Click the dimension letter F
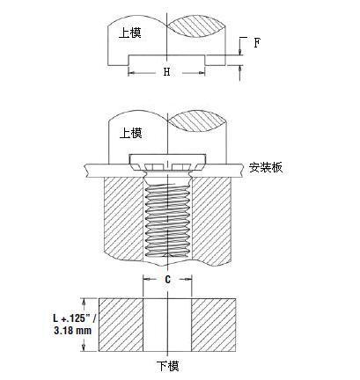click(257, 43)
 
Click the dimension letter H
click(166, 71)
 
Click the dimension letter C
click(167, 280)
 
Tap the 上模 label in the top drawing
click(130, 33)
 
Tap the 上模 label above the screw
click(131, 133)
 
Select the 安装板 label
click(266, 167)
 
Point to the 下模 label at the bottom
click(167, 366)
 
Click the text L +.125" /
click(75, 318)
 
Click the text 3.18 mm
click(73, 331)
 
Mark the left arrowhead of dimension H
click(131, 72)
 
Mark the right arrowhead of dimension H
click(202, 72)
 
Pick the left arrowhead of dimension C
click(146, 280)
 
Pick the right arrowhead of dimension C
click(188, 280)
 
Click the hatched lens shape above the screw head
click(197, 121)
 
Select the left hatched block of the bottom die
click(121, 325)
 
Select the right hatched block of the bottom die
click(214, 325)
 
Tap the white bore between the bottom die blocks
click(167, 325)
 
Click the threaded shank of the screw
click(167, 221)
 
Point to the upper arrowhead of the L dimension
click(84, 302)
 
